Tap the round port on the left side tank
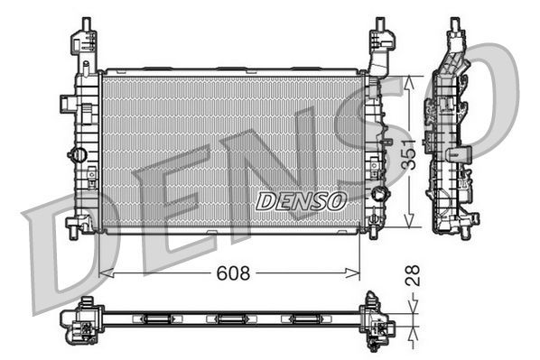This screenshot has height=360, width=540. [79, 154]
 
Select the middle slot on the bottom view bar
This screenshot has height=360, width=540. [229, 318]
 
